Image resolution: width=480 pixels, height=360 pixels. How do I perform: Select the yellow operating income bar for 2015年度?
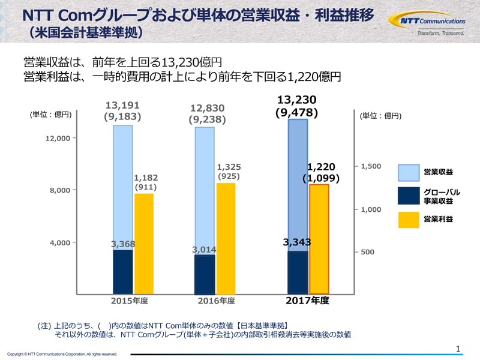[144, 243]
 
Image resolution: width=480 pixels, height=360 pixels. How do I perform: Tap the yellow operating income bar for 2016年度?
[226, 238]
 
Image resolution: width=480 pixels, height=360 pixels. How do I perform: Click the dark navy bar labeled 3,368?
[123, 272]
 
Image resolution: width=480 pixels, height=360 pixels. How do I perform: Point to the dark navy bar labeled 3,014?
[205, 274]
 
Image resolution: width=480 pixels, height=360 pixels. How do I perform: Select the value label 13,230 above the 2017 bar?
[296, 99]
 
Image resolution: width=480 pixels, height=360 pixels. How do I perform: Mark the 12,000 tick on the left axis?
[59, 138]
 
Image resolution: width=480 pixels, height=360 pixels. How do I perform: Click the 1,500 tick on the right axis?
[371, 166]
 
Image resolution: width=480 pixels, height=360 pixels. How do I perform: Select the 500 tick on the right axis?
[368, 252]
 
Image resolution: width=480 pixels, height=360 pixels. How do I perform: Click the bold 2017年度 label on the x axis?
[307, 301]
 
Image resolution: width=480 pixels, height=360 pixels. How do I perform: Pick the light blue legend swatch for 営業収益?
[410, 172]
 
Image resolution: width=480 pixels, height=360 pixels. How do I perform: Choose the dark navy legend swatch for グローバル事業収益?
[410, 196]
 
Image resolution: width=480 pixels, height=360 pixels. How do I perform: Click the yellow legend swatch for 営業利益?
[410, 220]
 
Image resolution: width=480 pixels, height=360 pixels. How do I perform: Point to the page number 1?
[458, 349]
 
